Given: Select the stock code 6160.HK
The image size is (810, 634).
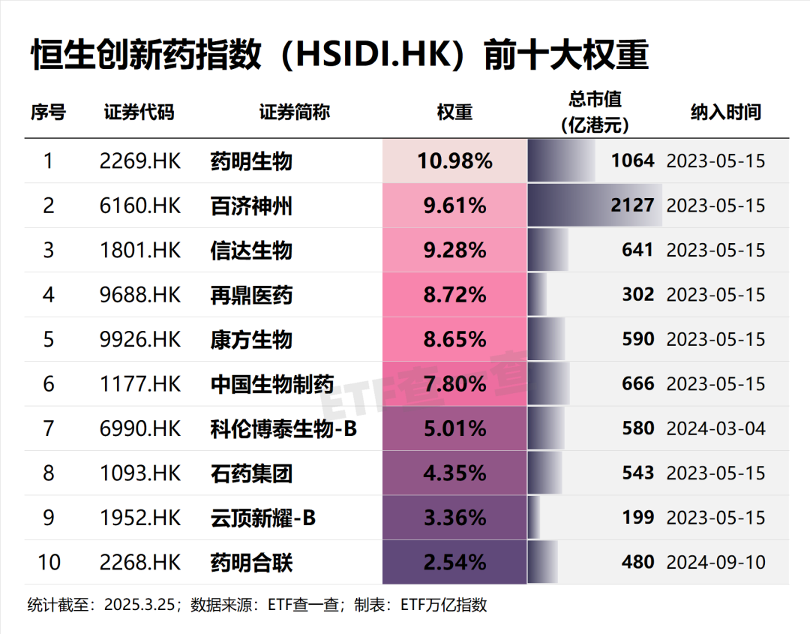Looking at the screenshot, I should [140, 206].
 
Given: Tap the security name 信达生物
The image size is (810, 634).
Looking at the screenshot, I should [251, 250].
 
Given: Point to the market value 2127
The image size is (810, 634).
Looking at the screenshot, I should [632, 206].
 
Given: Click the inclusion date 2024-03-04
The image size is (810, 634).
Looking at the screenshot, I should [716, 428].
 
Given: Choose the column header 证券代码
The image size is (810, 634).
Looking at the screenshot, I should [139, 113].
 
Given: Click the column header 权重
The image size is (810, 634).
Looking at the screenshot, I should [454, 113].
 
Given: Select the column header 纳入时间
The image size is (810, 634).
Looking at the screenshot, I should [725, 113].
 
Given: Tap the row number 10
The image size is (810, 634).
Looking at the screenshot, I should [49, 562].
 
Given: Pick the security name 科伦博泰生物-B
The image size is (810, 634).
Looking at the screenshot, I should [284, 428].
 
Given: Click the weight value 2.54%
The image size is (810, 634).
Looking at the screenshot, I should [454, 562].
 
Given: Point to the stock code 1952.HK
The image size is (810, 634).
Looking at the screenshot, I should [140, 518].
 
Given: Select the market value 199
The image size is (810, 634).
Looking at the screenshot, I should [637, 518].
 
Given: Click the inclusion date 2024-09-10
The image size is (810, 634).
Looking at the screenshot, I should [716, 562].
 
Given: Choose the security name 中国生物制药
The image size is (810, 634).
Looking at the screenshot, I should [272, 384].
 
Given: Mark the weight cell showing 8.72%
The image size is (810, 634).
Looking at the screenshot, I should [454, 295].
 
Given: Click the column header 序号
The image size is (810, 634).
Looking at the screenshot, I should [49, 113].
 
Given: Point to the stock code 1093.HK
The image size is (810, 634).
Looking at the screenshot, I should [140, 473].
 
